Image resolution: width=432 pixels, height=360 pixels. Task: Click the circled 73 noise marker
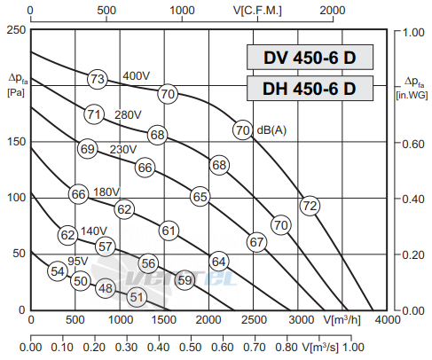pos(98,79)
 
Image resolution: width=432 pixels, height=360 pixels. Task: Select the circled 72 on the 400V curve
pos(310,206)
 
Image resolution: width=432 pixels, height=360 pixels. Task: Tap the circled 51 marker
pos(137,297)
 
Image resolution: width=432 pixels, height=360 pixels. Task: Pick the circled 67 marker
pos(256,242)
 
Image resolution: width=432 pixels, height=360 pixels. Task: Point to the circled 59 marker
pos(185,280)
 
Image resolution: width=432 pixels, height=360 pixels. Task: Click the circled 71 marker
pos(94,114)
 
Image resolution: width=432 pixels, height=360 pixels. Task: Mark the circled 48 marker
pos(106,288)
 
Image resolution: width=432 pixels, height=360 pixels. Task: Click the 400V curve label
pos(137,76)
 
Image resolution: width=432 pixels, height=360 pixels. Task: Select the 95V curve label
pos(78,261)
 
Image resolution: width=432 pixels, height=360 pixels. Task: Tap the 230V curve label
pos(123,150)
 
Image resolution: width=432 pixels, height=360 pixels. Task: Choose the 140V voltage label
pos(94,231)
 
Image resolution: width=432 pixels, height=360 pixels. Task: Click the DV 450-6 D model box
pos(310,58)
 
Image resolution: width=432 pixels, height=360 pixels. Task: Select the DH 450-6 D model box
pos(310,89)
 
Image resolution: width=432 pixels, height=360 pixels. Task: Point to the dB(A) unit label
pos(271,130)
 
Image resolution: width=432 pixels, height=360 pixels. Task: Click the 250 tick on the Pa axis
pos(16,30)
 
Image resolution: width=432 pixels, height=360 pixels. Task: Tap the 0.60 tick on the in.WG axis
pos(413,145)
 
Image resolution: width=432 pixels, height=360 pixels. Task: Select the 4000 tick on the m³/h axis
pos(388,320)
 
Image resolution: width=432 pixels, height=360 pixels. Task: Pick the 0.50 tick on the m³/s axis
pos(191,348)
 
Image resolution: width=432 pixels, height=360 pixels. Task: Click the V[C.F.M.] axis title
pos(257,11)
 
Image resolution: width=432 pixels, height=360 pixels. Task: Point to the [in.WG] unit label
pos(412,95)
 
